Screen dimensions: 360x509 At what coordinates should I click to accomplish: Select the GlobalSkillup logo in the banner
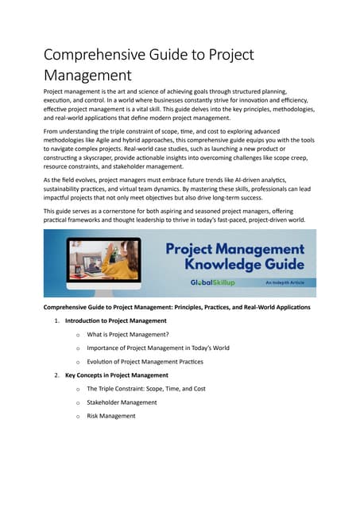point(211,282)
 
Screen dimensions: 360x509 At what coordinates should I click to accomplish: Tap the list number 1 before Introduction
point(56,321)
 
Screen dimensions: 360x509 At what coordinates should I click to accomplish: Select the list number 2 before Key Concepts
point(56,375)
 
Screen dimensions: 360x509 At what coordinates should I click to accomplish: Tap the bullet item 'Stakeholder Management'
point(122,402)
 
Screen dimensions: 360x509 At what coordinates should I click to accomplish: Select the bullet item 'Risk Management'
point(111,415)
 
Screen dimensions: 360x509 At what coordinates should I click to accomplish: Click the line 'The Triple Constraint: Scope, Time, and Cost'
point(146,388)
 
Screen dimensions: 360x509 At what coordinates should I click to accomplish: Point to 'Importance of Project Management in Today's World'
point(158,348)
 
